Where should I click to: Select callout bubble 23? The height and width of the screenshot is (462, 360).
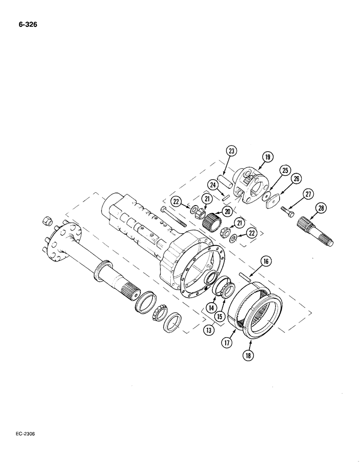pyautogui.click(x=232, y=150)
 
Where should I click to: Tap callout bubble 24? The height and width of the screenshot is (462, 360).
pyautogui.click(x=214, y=185)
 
